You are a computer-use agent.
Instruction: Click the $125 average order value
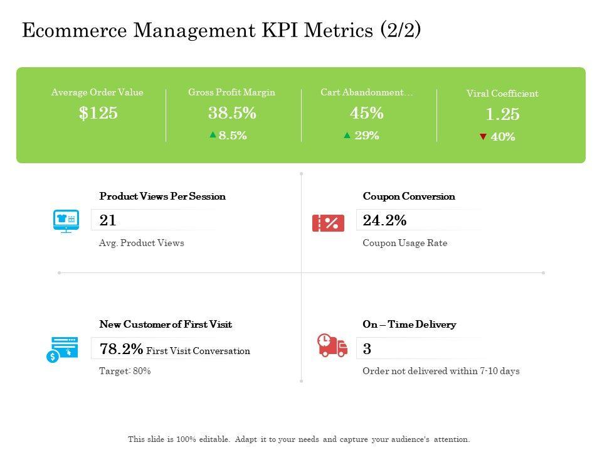(98, 113)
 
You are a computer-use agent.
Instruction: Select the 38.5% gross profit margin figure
(232, 113)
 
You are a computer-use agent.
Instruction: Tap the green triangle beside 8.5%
(213, 134)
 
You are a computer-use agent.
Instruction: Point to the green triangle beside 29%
(347, 134)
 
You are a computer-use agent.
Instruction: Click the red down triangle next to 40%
(483, 137)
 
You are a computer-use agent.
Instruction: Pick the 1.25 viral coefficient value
(502, 114)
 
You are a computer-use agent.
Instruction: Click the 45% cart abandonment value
(367, 113)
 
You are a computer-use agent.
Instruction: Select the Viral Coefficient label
(502, 94)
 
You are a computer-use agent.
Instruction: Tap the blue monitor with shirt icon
(66, 221)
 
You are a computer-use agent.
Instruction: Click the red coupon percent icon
(328, 222)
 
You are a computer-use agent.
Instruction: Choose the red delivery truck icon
(332, 345)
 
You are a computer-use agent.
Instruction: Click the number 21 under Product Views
(108, 220)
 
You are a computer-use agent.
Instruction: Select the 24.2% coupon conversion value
(384, 220)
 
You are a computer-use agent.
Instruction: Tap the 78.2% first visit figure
(121, 349)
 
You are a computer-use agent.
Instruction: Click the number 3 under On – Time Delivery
(367, 349)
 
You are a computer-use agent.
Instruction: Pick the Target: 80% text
(125, 371)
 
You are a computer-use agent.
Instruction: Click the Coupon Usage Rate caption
(404, 243)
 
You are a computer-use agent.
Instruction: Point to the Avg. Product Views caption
(142, 243)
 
